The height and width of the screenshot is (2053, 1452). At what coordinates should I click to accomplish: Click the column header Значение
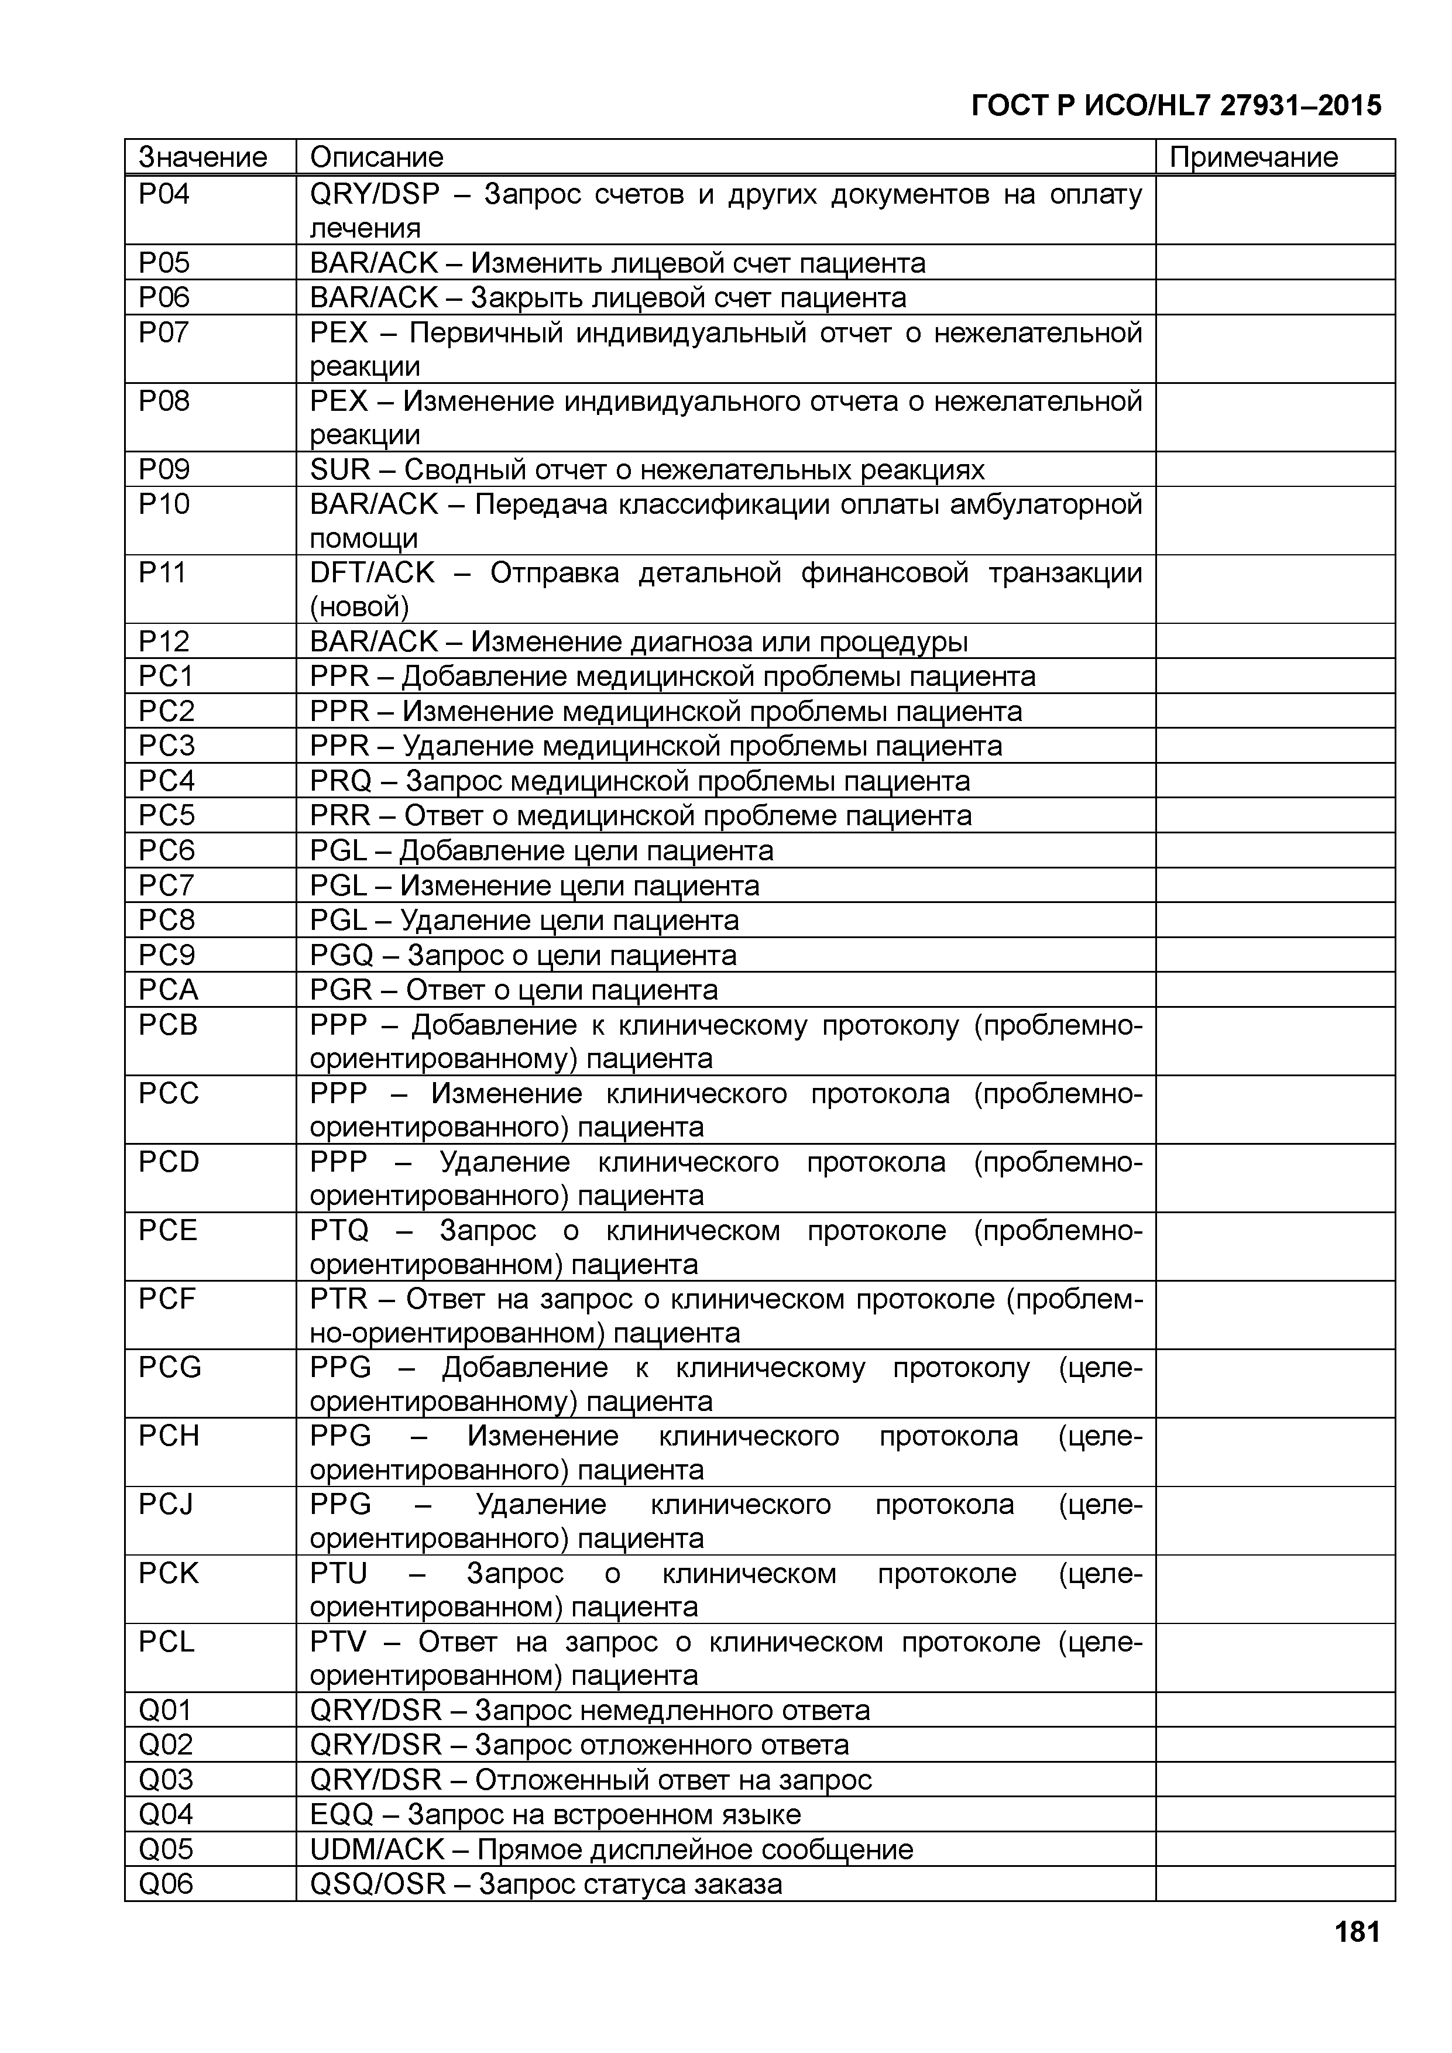point(203,157)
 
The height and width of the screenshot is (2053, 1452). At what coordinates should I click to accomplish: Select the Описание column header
point(376,157)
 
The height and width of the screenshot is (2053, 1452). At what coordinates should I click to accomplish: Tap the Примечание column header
point(1254,157)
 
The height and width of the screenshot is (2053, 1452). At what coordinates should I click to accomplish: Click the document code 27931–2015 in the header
point(1301,105)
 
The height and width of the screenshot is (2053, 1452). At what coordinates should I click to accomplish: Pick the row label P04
point(164,194)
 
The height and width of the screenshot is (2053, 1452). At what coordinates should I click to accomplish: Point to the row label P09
point(164,469)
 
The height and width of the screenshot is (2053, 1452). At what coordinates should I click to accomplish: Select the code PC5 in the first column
point(166,815)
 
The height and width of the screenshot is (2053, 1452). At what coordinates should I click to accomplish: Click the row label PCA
point(168,990)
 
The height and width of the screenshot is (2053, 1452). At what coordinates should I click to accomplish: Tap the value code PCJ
point(166,1505)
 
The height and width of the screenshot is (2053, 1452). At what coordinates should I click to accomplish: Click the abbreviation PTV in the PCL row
point(338,1643)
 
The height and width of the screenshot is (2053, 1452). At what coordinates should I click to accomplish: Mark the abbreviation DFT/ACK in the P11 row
point(372,572)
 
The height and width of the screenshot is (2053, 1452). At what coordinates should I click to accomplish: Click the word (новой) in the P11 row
point(359,607)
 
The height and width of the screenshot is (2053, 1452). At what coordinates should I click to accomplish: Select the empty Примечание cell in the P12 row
point(1274,641)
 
